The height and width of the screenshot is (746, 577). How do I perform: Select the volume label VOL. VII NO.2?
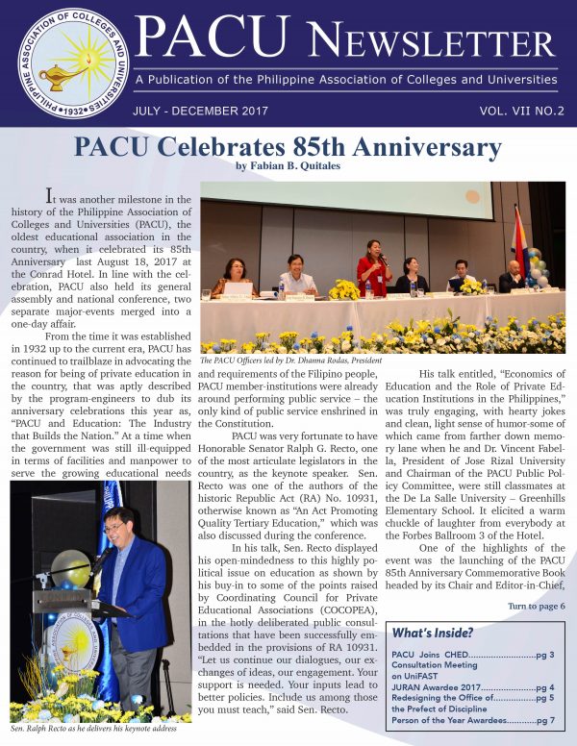[521, 111]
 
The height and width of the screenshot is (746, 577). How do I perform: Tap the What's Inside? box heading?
[432, 632]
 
